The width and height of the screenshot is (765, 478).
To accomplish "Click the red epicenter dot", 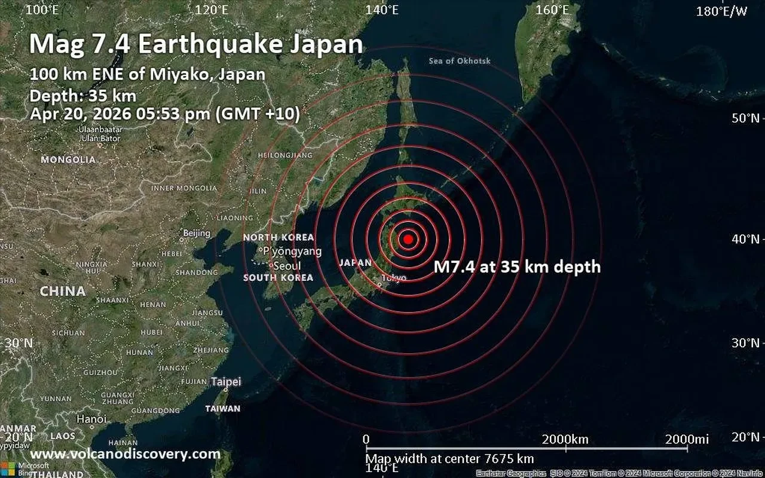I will [408, 239].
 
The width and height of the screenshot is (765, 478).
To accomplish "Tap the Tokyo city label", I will [394, 278].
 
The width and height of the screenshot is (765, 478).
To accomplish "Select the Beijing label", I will [197, 233].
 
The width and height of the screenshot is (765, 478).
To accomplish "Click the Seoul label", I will [287, 266].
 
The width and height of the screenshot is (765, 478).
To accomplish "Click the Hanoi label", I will [91, 419].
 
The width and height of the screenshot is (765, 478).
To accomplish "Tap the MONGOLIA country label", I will [68, 160].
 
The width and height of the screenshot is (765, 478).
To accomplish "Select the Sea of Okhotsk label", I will [459, 61].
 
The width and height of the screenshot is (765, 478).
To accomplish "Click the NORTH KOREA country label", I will [278, 238].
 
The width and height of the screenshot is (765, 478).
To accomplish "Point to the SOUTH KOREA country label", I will [278, 278].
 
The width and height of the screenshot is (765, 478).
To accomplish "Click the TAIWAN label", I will [223, 409].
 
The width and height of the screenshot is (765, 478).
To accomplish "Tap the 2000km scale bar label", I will [565, 440].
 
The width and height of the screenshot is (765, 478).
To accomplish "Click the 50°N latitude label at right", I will [745, 118].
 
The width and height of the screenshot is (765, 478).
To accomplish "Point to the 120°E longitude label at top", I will [212, 10].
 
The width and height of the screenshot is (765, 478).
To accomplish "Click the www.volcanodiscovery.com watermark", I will [125, 454].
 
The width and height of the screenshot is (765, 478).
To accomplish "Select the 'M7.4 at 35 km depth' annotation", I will [517, 267].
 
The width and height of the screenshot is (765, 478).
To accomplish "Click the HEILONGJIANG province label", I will [284, 155].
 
